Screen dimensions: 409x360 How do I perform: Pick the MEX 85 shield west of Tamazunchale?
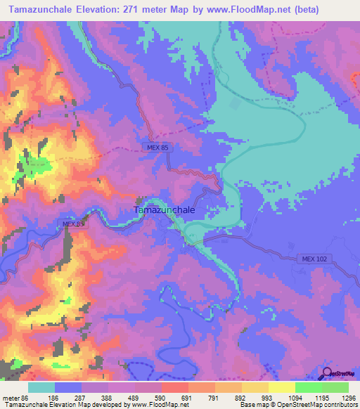[x=73, y=224]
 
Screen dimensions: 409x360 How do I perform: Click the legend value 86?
[x=27, y=397]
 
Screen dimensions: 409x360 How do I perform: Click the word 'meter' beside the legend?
[x=10, y=397]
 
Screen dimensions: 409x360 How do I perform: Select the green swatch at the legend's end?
[x=335, y=387]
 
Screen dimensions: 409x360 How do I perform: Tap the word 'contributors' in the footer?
[x=340, y=405]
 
